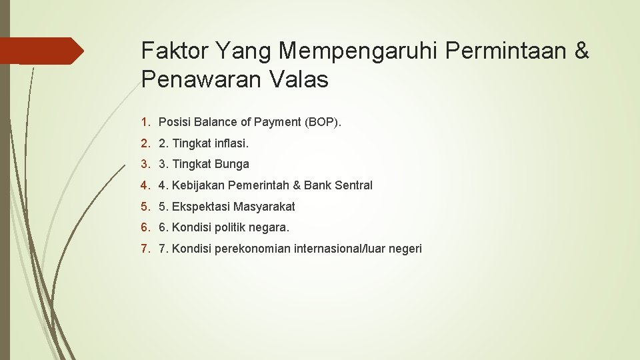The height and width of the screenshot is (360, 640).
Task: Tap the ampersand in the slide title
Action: [581, 50]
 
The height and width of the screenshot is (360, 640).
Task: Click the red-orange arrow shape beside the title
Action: [41, 51]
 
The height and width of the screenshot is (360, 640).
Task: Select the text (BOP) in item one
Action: [322, 121]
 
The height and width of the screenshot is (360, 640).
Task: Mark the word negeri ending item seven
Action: [405, 249]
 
